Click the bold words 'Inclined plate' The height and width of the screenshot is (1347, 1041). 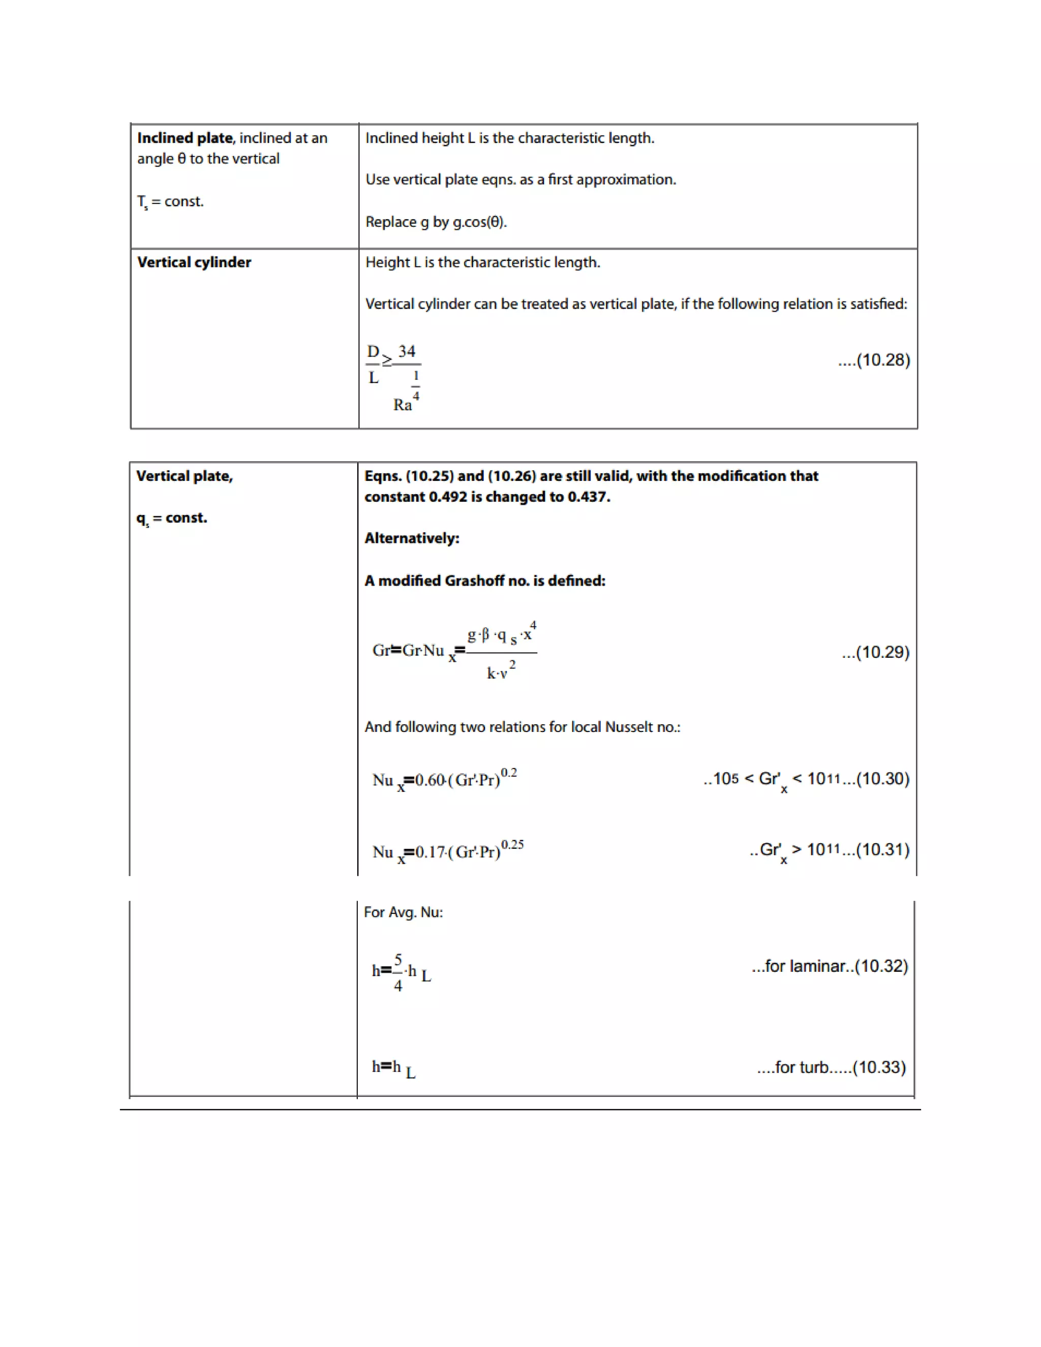[185, 138]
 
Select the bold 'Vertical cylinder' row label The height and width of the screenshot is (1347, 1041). [194, 262]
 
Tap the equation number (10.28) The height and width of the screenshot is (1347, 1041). [883, 360]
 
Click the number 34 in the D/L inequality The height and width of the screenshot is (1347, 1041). [407, 352]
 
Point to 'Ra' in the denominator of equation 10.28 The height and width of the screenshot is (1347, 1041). [402, 405]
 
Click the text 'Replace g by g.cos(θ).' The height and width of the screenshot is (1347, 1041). [436, 222]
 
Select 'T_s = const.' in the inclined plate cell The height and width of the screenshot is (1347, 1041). [170, 202]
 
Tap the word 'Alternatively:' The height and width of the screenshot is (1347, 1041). [411, 538]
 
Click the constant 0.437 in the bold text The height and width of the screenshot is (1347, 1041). [588, 497]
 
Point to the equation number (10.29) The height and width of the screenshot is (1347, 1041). [882, 653]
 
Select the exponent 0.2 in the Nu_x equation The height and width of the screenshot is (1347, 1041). [509, 773]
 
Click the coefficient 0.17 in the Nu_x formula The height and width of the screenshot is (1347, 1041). [430, 852]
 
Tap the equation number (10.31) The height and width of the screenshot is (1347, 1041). [884, 850]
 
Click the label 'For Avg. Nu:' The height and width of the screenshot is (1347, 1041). [403, 912]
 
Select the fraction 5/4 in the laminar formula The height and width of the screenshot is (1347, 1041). [398, 972]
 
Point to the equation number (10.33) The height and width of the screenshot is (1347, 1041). [879, 1067]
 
